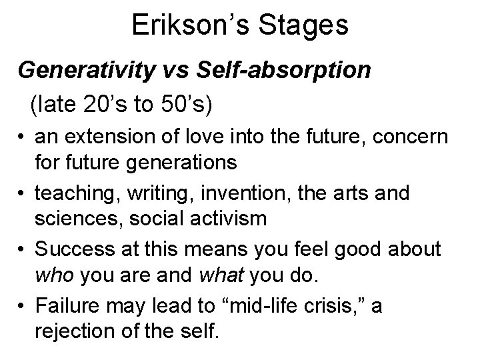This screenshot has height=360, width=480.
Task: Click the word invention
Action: [x=246, y=193]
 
